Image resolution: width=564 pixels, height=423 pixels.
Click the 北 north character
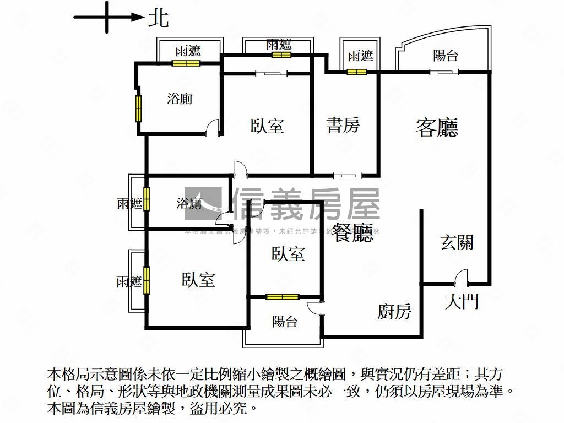pos(159,18)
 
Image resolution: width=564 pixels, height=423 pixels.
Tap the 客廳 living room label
pos(437,128)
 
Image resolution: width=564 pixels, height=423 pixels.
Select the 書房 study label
pos(343,125)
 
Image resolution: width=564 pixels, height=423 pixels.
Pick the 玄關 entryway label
pos(457,242)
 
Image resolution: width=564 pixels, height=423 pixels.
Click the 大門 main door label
pos(462,301)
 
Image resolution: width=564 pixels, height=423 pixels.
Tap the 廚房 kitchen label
pos(394,312)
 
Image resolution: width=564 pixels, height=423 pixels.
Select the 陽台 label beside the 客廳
pos(446,56)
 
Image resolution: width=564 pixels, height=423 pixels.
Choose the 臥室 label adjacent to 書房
pos(268,126)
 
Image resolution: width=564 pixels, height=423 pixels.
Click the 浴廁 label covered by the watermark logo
pos(188,204)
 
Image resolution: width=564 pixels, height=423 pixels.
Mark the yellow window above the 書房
pos(356,72)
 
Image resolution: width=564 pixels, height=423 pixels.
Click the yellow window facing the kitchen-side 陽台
pos(282,297)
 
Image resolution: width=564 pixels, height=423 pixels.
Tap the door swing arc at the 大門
pos(461,276)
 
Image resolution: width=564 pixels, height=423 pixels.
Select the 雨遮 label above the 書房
pos(360,56)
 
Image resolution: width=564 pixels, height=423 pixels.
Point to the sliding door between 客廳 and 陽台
pos(444,72)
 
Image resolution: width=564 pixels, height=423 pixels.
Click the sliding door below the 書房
pos(348,176)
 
